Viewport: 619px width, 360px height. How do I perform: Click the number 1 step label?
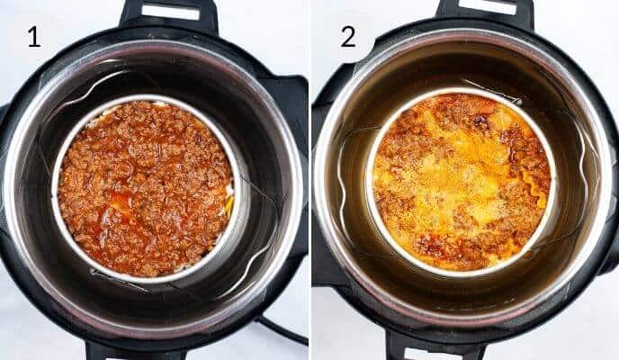coord(34,37)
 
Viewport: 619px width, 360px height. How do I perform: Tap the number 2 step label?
coord(347,37)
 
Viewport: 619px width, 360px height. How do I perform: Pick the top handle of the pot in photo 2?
coord(484,13)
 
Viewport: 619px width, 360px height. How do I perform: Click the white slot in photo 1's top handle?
coord(171,12)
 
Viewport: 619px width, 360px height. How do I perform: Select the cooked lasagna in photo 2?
coord(461,180)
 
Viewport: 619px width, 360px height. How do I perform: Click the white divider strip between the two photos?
coord(309,180)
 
